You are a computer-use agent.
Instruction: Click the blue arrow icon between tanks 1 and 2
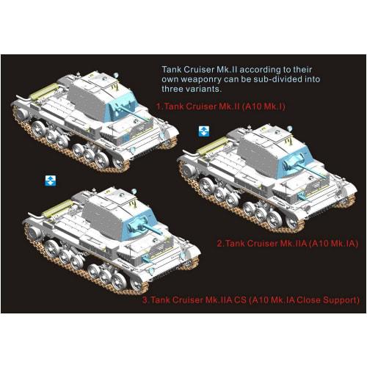[205, 131]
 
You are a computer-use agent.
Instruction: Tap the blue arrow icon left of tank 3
[50, 180]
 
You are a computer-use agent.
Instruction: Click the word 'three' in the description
[176, 88]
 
